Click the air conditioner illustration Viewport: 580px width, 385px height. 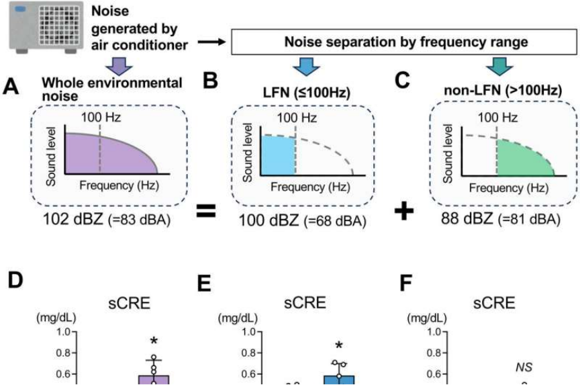click(46, 27)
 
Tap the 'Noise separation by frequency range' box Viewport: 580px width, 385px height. click(404, 42)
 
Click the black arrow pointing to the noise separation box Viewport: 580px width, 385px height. click(211, 42)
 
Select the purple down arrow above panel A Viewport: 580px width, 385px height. click(119, 67)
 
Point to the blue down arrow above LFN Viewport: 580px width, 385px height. click(306, 67)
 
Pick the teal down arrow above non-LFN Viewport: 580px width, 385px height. click(499, 67)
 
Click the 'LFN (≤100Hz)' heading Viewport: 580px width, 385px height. click(306, 92)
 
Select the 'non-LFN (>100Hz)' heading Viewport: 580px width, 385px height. click(503, 90)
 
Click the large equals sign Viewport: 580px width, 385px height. click(205, 212)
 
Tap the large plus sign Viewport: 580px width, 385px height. click(404, 212)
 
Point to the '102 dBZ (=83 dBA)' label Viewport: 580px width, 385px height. click(107, 219)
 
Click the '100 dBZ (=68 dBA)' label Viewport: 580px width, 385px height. click(302, 220)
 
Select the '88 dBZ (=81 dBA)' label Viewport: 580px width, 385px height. click(501, 219)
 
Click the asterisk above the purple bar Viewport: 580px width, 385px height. click(154, 340)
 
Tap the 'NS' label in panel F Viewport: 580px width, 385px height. click(524, 367)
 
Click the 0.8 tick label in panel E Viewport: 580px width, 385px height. click(248, 353)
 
